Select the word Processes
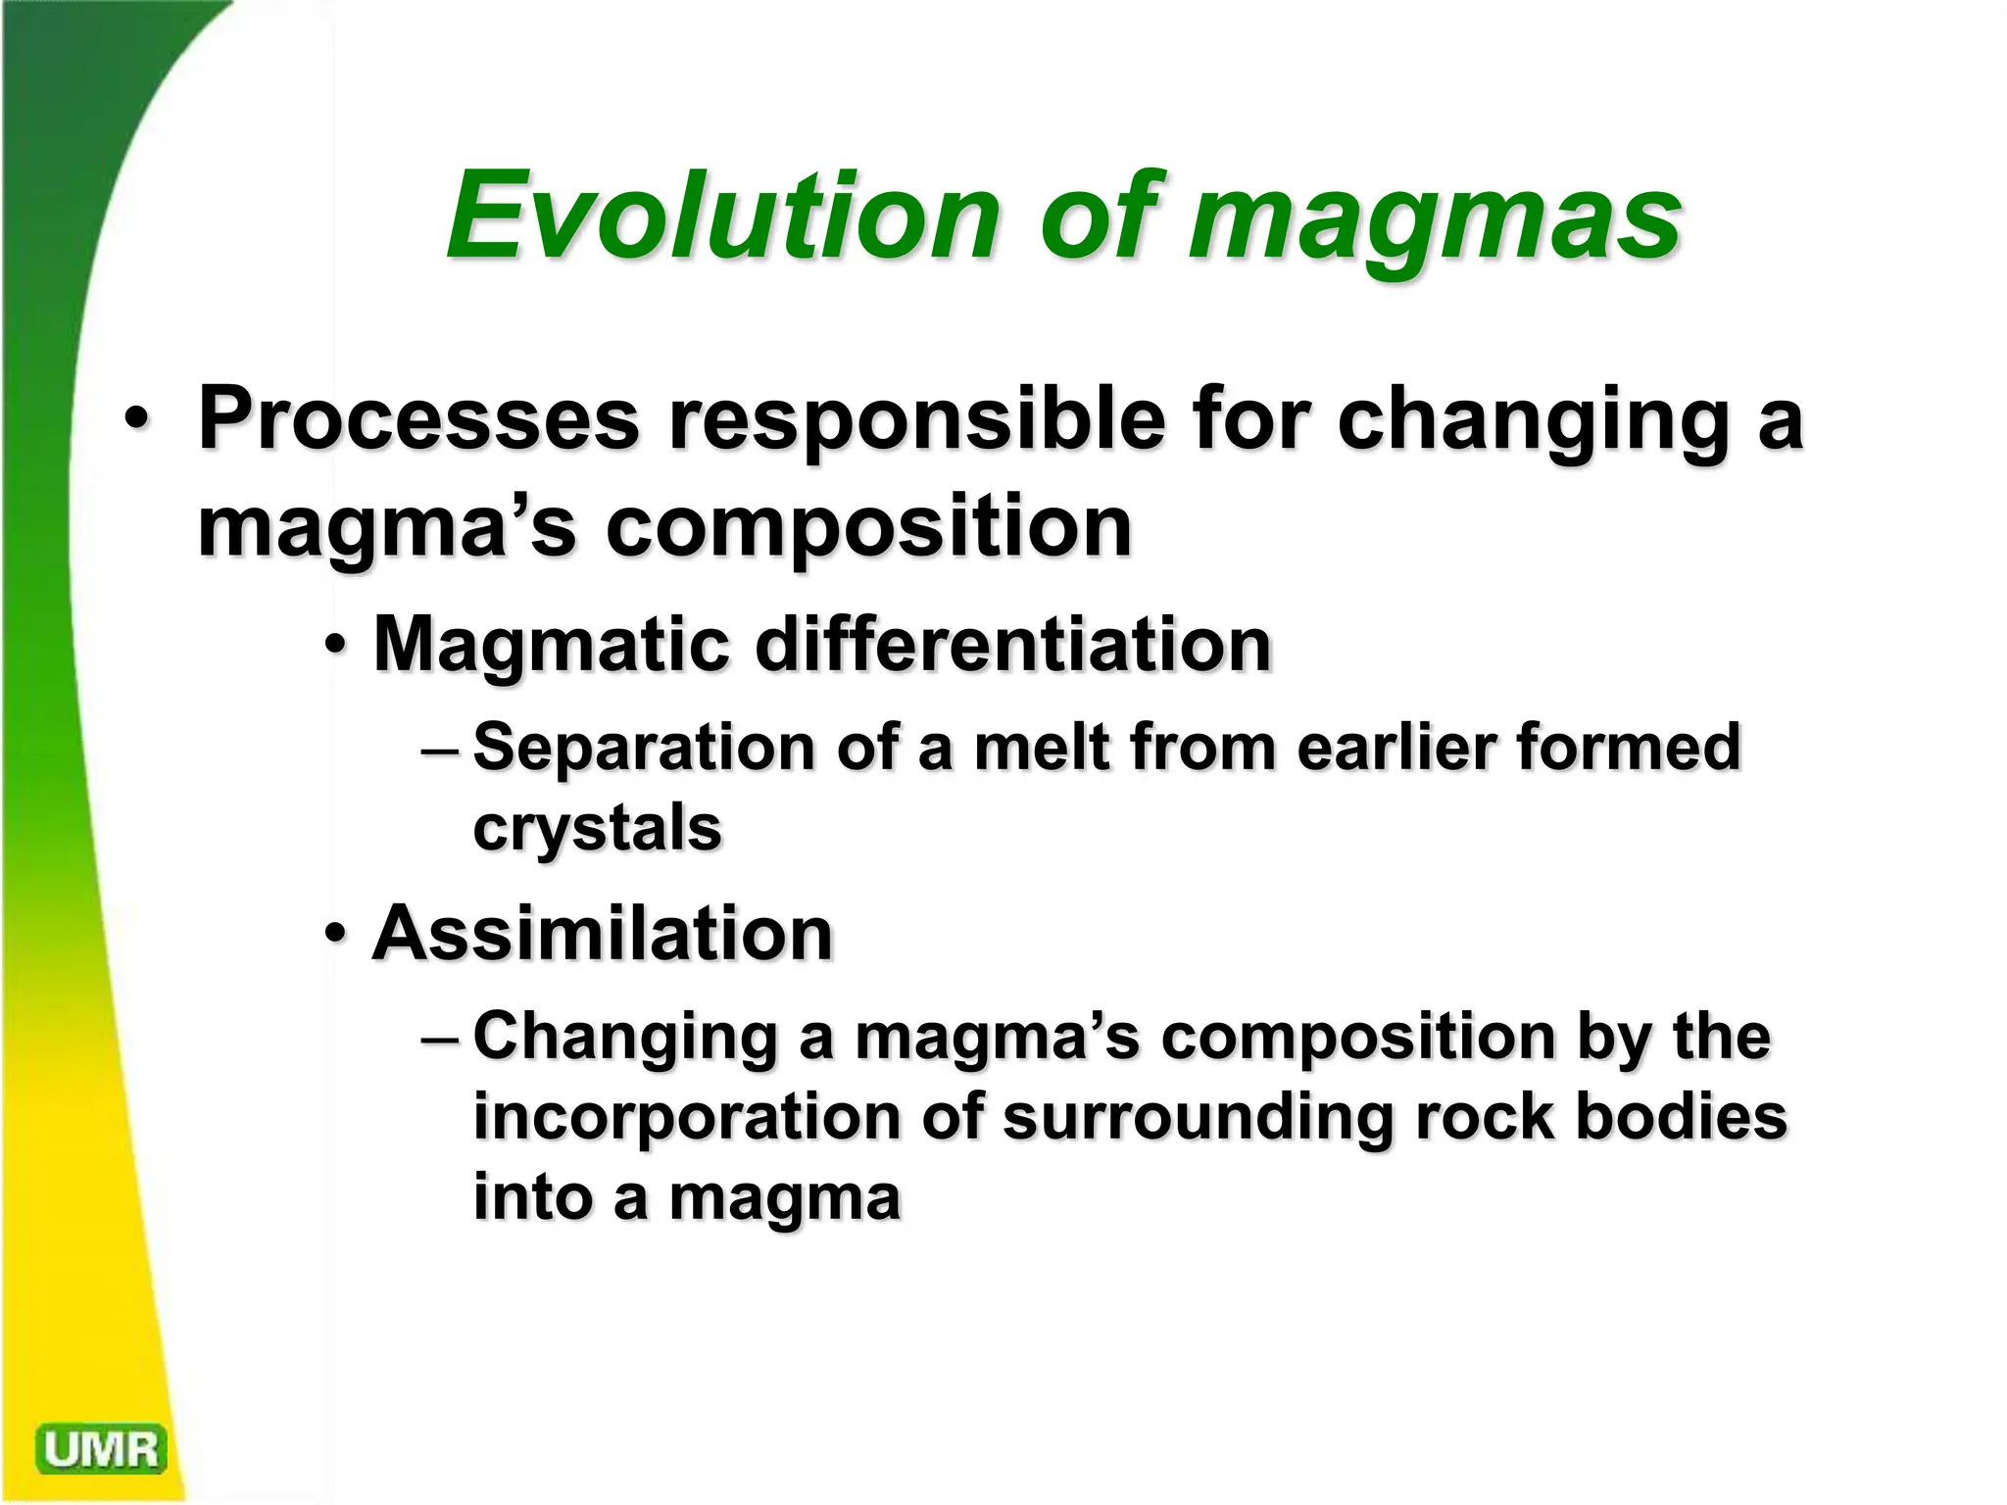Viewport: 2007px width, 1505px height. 418,419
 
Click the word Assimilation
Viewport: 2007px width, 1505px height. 602,933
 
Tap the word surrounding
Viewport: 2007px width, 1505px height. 1198,1119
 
